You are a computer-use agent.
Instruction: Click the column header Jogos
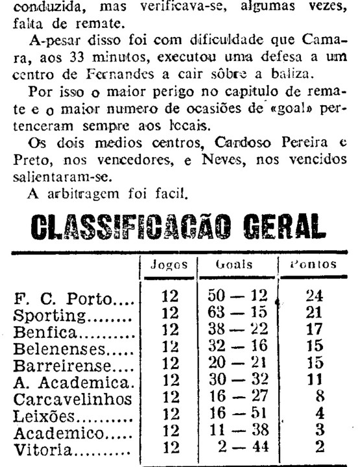pos(169,265)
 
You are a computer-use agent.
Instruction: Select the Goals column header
pos(234,265)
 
